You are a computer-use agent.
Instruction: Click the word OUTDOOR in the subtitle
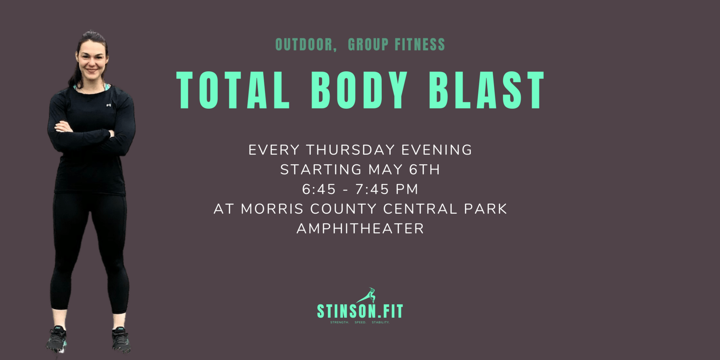coord(304,45)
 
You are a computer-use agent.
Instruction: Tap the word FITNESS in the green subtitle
coord(420,45)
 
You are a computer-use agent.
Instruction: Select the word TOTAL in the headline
coord(233,90)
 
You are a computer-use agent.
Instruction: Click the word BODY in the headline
coord(359,90)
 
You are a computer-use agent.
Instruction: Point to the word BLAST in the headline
coord(487,90)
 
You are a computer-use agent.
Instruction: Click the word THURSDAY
coord(351,150)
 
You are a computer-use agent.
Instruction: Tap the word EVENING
coord(436,150)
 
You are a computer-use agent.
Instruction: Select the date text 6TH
coord(424,169)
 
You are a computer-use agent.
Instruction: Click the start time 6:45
coord(319,189)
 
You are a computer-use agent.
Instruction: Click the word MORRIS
coord(272,209)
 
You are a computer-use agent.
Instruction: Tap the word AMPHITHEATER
coord(360,228)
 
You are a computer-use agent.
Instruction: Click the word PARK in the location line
coord(485,209)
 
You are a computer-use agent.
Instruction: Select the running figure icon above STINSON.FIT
coord(366,295)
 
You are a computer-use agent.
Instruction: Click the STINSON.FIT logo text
coord(360,311)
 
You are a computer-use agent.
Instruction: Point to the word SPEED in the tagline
coord(360,322)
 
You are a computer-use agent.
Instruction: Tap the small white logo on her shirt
coord(108,105)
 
